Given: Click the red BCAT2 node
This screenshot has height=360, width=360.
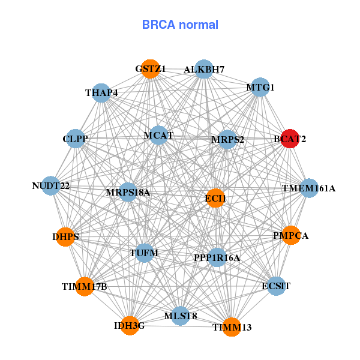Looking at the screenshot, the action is click(290, 139).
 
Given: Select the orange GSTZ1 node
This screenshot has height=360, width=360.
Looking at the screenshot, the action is click(151, 69).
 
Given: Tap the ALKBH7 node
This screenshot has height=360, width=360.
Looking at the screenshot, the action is click(204, 70).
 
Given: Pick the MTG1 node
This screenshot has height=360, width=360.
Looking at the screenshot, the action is click(260, 88).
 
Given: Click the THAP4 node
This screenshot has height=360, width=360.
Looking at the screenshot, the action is click(101, 93).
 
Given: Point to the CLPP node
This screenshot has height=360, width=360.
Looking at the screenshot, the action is click(75, 139).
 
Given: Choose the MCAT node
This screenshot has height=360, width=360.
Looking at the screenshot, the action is click(158, 136).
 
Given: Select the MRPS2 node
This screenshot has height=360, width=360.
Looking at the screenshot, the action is click(228, 140).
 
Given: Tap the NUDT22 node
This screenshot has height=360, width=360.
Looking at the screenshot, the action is click(51, 186).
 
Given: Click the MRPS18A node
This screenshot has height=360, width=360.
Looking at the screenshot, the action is click(128, 192).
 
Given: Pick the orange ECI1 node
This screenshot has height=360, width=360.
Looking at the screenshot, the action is click(215, 198).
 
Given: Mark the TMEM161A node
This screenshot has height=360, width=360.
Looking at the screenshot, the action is click(309, 188).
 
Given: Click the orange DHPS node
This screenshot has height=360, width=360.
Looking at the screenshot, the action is click(65, 237).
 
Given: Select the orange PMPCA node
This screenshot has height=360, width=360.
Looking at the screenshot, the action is click(290, 236).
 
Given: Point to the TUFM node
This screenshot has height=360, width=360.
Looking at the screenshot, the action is click(144, 253).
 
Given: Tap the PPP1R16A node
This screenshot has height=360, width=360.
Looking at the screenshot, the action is click(217, 257).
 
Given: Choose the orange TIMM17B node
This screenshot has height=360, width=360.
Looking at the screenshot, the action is click(85, 286).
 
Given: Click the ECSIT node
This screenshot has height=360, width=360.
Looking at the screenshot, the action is click(276, 286).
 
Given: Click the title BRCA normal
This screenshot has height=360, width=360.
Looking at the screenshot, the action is click(180, 25).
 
